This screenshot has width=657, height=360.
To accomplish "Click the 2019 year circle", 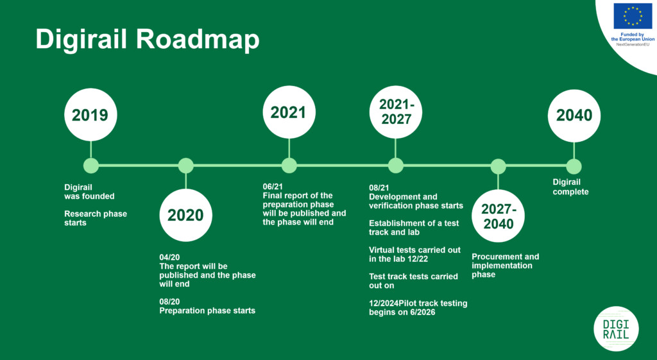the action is pyautogui.click(x=90, y=114).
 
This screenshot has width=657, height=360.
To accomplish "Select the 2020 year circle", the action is pyautogui.click(x=185, y=215).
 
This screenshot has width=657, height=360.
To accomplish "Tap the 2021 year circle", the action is pyautogui.click(x=289, y=112).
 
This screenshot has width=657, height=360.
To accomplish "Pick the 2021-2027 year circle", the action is pyautogui.click(x=395, y=112).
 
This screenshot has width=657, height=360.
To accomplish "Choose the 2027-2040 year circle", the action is pyautogui.click(x=498, y=216).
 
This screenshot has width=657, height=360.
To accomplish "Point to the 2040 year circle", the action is pyautogui.click(x=574, y=116).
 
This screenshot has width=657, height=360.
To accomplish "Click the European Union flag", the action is pyautogui.click(x=633, y=16).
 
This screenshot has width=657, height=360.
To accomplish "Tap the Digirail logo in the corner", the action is pyautogui.click(x=616, y=329).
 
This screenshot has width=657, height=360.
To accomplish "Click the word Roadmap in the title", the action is pyautogui.click(x=198, y=40).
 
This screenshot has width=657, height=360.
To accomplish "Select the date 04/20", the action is pyautogui.click(x=169, y=257).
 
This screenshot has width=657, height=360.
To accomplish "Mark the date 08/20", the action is pyautogui.click(x=169, y=302).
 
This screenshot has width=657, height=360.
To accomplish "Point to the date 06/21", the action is pyautogui.click(x=273, y=187).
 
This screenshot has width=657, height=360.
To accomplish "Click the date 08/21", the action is pyautogui.click(x=379, y=188).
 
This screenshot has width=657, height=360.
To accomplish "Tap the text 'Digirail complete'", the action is pyautogui.click(x=570, y=187).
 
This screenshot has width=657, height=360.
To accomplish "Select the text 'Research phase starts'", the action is pyautogui.click(x=96, y=218).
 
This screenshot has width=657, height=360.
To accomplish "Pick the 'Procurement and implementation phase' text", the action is pyautogui.click(x=506, y=266).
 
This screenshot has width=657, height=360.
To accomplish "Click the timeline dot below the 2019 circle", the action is pyautogui.click(x=91, y=166).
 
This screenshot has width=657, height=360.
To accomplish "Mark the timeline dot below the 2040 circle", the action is pyautogui.click(x=574, y=166).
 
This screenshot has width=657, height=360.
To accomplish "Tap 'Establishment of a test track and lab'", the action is pyautogui.click(x=414, y=228).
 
